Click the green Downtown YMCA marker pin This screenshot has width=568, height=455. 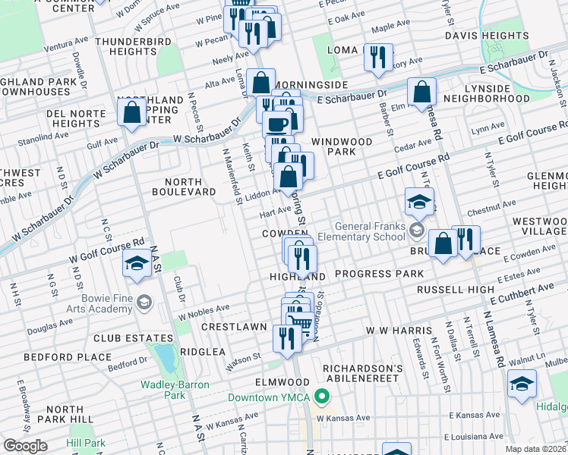[322, 397]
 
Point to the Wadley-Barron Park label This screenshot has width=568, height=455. [174, 390]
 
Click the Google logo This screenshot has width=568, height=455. [25, 446]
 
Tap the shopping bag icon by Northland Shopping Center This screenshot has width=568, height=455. [132, 112]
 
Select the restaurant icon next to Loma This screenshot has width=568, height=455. [377, 57]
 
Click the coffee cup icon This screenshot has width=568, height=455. [277, 123]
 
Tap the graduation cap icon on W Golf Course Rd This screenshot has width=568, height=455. [136, 264]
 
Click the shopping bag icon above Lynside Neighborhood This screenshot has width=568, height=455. [421, 93]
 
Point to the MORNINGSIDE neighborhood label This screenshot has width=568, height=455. [311, 84]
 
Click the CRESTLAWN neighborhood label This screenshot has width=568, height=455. [233, 327]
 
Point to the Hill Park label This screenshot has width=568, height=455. [86, 443]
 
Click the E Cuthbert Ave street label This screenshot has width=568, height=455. [527, 289]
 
